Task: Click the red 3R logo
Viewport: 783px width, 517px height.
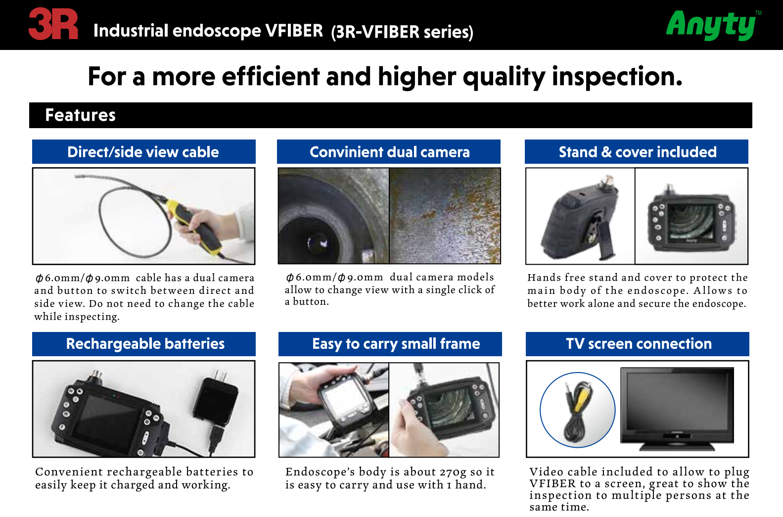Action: tap(53, 24)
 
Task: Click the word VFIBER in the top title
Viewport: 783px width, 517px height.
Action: tap(294, 30)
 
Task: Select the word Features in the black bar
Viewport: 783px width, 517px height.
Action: tap(80, 115)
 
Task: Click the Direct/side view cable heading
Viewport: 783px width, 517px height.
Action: tap(143, 152)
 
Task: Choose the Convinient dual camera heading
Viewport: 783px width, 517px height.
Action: tap(389, 152)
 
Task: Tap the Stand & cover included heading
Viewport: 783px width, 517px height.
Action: tap(638, 152)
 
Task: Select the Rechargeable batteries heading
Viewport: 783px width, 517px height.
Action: tap(145, 344)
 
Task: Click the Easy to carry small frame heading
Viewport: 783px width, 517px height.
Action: tap(396, 344)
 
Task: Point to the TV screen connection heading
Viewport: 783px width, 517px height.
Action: tap(639, 344)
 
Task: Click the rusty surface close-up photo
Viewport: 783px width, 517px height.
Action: tap(445, 216)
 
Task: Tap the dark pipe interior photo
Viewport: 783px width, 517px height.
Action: tap(333, 216)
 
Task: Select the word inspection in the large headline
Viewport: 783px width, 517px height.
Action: tap(617, 77)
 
